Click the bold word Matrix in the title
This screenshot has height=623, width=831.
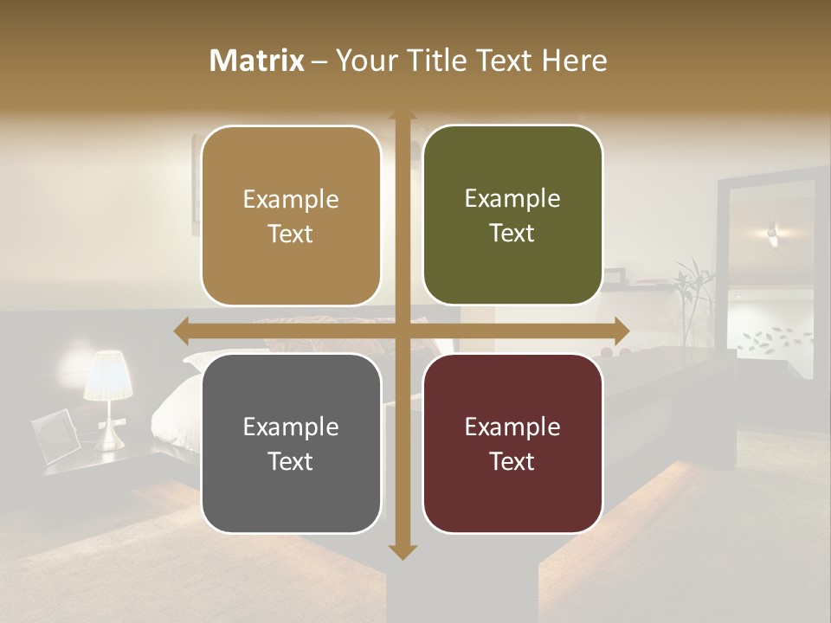[x=257, y=61]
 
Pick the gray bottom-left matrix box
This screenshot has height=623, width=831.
[x=291, y=493]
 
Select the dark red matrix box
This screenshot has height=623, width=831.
[x=512, y=493]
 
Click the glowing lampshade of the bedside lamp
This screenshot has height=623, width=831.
[x=107, y=375]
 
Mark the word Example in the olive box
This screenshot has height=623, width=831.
[x=512, y=199]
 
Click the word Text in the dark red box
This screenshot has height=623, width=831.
[x=512, y=461]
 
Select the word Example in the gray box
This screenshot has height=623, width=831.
[x=291, y=427]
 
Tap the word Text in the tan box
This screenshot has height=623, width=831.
[x=291, y=234]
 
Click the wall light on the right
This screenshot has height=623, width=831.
[x=773, y=232]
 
